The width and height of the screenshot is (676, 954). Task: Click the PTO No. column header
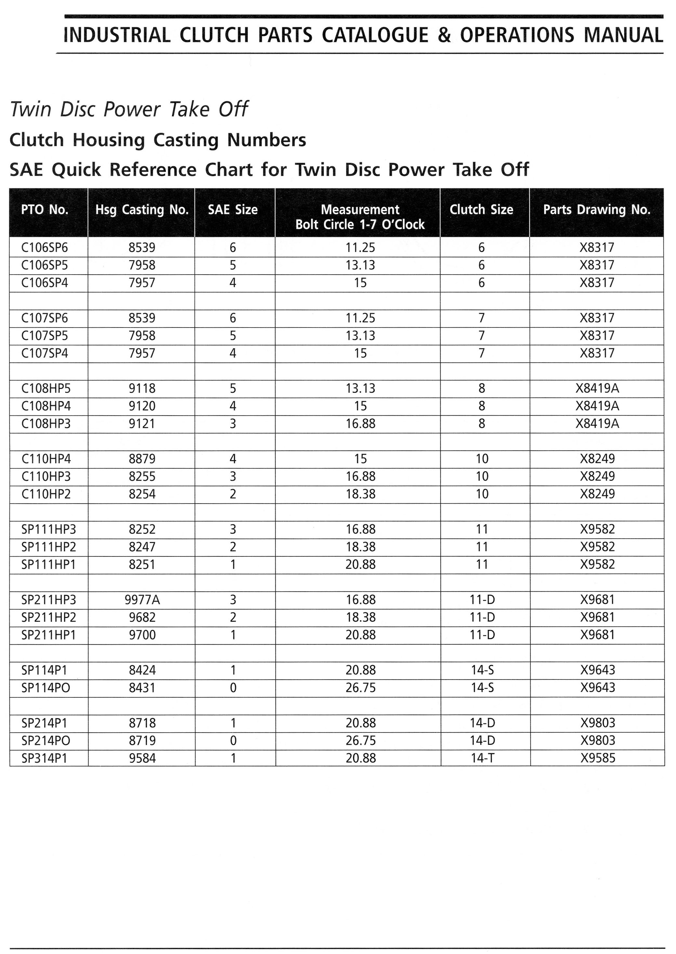(45, 209)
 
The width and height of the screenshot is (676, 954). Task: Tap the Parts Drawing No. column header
(596, 209)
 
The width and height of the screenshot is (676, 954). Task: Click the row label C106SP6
(45, 248)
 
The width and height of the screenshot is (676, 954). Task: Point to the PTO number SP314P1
(45, 758)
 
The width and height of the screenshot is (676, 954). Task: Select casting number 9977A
(142, 600)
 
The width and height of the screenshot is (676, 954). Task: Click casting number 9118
(142, 388)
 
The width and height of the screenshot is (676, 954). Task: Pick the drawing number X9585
(598, 758)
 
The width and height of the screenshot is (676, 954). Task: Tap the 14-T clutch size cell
(483, 758)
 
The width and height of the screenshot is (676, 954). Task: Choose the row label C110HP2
(46, 494)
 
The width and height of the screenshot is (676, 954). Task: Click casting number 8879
(142, 459)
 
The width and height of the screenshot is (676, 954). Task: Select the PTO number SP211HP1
(49, 635)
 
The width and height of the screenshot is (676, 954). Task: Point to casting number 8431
(142, 688)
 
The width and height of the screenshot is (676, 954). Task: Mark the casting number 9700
(142, 635)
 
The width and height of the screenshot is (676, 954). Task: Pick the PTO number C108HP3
(46, 424)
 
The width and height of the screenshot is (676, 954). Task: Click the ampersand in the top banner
(444, 35)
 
